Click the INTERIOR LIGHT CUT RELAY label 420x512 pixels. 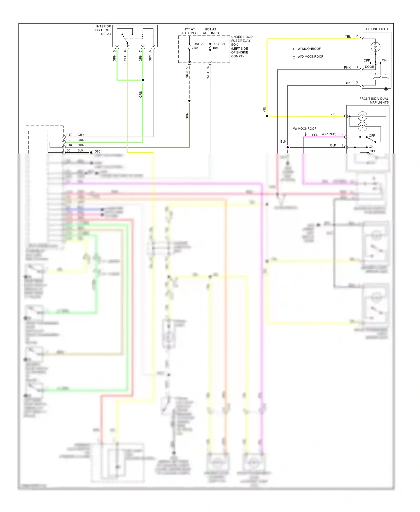pyautogui.click(x=103, y=30)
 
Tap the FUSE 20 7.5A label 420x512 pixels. pyautogui.click(x=198, y=46)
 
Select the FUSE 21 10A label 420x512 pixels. pyautogui.click(x=218, y=46)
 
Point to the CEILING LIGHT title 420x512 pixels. pyautogui.click(x=377, y=29)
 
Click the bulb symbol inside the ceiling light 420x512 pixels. pyautogui.click(x=375, y=47)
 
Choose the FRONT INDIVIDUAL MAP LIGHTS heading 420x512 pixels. pyautogui.click(x=374, y=101)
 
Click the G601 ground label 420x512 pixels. pyautogui.click(x=98, y=152)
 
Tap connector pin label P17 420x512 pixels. pyautogui.click(x=69, y=135)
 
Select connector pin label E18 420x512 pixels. pyautogui.click(x=69, y=145)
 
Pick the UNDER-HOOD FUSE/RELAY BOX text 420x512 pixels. pyautogui.click(x=241, y=46)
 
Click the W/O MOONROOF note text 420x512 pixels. pyautogui.click(x=310, y=57)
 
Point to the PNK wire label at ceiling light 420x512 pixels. pyautogui.click(x=347, y=68)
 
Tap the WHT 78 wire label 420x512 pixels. pyautogui.click(x=208, y=72)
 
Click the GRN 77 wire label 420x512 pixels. pyautogui.click(x=187, y=72)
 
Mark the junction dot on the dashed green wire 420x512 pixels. pyautogui.click(x=190, y=101)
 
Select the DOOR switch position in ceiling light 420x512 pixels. pyautogui.click(x=369, y=67)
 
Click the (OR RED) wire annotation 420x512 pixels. pyautogui.click(x=329, y=134)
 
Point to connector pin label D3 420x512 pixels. pyautogui.click(x=68, y=150)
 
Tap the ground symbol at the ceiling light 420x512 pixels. pyautogui.click(x=386, y=89)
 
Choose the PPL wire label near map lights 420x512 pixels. pyautogui.click(x=315, y=135)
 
